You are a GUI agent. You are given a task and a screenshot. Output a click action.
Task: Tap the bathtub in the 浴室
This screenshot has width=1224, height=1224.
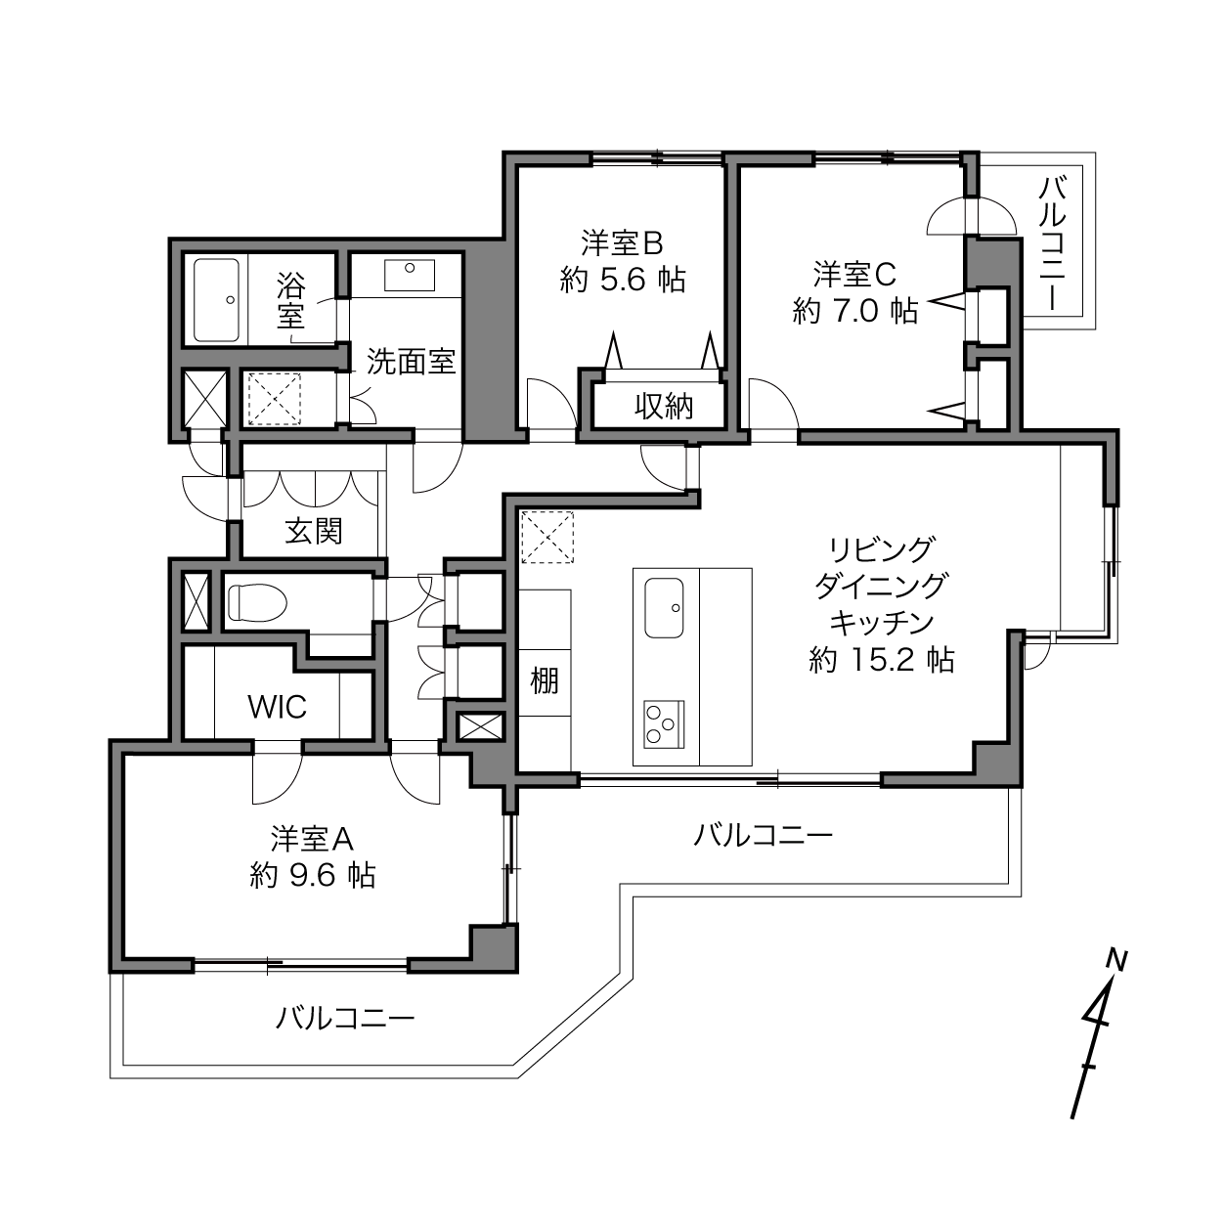point(217,299)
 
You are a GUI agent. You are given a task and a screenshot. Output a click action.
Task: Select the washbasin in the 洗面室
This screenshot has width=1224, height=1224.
point(409,275)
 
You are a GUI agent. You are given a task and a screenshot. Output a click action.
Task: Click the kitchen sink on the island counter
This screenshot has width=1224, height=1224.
point(664,606)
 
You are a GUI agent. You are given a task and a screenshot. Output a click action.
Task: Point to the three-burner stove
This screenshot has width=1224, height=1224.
point(664,724)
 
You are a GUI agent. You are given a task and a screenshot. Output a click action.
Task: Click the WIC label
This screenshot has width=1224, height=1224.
point(278,706)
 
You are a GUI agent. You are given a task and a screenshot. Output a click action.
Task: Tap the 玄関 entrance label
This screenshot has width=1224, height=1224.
point(314,531)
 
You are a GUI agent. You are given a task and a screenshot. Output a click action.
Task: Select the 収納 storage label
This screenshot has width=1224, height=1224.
point(664,406)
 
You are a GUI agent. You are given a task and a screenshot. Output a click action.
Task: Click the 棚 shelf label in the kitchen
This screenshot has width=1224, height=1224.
point(545,680)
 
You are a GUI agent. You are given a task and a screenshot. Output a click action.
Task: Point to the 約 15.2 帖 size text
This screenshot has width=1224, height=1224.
point(882,660)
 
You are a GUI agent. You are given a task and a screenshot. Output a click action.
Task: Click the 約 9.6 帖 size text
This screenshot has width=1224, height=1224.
point(313,875)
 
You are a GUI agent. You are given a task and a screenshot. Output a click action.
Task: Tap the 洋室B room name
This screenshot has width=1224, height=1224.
point(623,242)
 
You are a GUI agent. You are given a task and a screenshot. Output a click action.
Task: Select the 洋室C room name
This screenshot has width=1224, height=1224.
point(855,275)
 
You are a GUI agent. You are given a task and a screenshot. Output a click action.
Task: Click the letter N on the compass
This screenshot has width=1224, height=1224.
point(1116,960)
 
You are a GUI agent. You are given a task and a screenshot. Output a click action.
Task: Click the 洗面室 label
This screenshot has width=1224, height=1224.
point(412,362)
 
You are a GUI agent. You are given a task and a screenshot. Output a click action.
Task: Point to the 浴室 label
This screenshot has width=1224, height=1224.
point(291,300)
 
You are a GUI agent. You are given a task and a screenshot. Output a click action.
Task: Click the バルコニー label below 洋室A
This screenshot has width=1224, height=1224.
point(345,1019)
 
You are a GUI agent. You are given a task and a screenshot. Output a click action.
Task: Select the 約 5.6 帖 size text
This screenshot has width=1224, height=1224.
point(623,280)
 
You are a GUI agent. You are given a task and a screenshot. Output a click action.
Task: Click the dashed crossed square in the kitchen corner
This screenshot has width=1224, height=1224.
point(546,538)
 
